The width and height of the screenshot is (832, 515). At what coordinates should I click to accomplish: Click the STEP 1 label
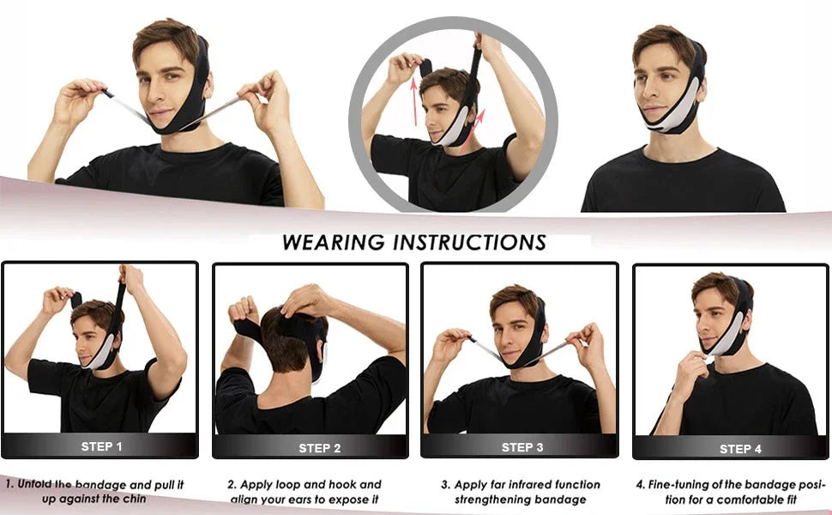pyautogui.click(x=101, y=446)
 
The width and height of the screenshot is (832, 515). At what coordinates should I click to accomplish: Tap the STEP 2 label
pyautogui.click(x=319, y=448)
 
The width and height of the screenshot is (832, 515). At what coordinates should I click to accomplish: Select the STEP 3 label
pyautogui.click(x=522, y=447)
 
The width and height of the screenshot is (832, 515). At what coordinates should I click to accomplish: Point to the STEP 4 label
pyautogui.click(x=740, y=449)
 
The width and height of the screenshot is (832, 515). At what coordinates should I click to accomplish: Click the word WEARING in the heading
pyautogui.click(x=333, y=243)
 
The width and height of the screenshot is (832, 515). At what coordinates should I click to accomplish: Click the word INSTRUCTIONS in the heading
pyautogui.click(x=469, y=243)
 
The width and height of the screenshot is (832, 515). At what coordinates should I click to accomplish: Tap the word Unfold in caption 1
pyautogui.click(x=34, y=484)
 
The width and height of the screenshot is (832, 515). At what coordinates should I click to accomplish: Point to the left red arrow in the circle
pyautogui.click(x=414, y=101)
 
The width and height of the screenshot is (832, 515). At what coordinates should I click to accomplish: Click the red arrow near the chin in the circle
pyautogui.click(x=472, y=130)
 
